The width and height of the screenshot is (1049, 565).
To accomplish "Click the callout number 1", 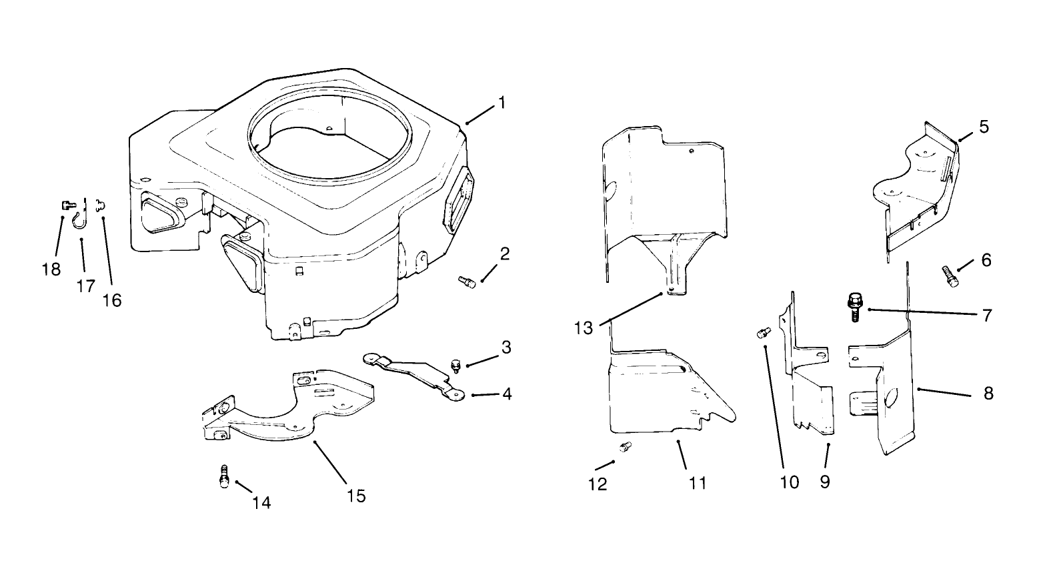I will [x=501, y=103].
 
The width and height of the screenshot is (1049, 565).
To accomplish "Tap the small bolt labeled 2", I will [x=467, y=283].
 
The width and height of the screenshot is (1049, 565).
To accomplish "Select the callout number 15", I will [x=356, y=496].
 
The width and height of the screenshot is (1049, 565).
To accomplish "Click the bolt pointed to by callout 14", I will [x=225, y=478].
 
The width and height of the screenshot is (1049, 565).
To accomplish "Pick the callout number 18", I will [x=51, y=269].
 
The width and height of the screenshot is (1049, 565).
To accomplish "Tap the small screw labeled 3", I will [x=456, y=364].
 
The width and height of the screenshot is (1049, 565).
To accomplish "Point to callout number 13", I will [x=584, y=329].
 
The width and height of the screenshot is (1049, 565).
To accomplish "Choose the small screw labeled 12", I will [x=625, y=447].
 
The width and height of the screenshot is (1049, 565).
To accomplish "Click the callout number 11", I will [x=697, y=482].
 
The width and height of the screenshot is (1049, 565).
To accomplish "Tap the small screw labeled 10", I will [x=763, y=332].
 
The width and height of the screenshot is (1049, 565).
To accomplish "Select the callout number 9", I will [x=825, y=481].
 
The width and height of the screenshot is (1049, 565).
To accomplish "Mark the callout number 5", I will [x=984, y=127].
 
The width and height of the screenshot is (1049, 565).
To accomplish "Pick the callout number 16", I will [x=112, y=300].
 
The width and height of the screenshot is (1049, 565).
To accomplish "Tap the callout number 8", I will [x=988, y=393].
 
